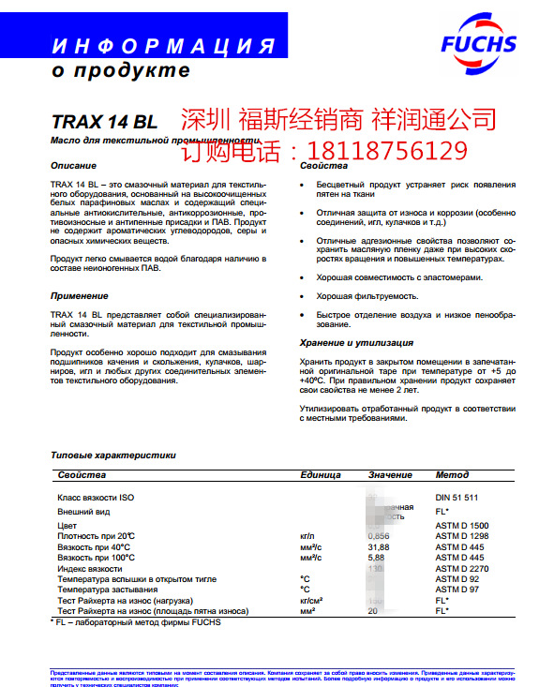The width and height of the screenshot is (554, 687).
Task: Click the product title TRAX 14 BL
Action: (104, 121)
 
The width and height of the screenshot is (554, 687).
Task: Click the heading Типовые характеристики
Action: (113, 455)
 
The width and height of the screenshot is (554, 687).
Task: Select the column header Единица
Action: (320, 475)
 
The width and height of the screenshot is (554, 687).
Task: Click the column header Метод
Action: (452, 475)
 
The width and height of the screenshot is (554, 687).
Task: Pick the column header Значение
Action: (390, 475)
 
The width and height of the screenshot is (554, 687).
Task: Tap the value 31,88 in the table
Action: (379, 545)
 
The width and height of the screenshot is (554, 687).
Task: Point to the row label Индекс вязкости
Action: (90, 568)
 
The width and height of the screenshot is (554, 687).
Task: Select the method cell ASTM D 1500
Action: (463, 525)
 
